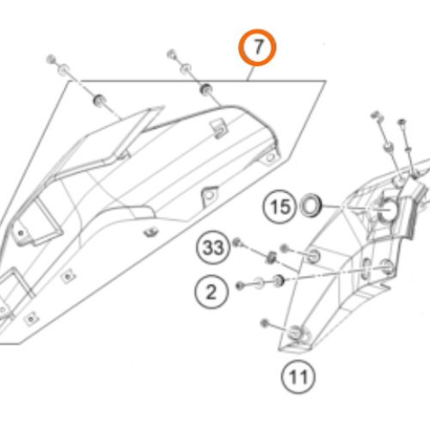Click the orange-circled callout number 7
(257, 47)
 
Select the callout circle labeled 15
(279, 206)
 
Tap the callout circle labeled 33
(213, 248)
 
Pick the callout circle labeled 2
(212, 292)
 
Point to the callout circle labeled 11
(298, 377)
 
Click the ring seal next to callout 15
(310, 206)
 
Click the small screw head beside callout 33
(236, 243)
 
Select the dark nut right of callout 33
(271, 257)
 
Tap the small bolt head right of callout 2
(240, 286)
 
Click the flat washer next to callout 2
(259, 283)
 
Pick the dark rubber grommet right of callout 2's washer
(278, 280)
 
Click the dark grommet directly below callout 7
(206, 89)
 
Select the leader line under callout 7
(250, 73)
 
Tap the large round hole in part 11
(389, 210)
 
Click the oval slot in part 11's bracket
(366, 268)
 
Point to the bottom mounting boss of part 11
(295, 333)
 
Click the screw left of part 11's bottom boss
(265, 323)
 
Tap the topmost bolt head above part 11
(375, 115)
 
